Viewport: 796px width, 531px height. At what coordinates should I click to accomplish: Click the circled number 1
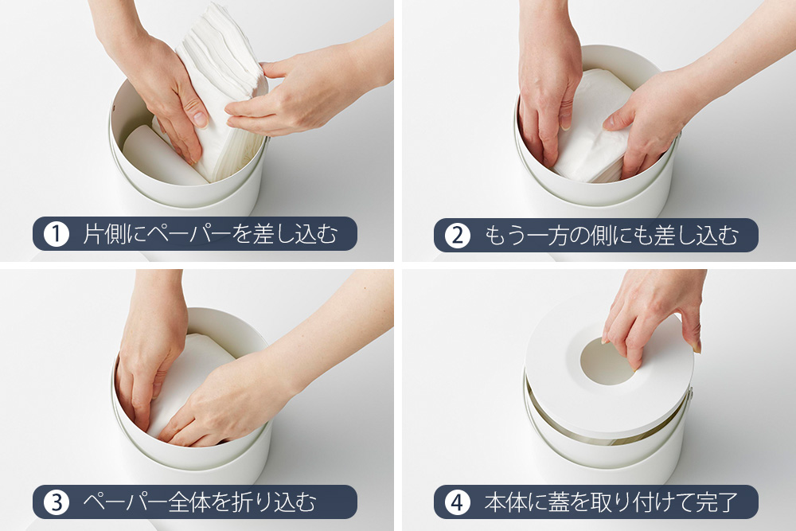[57, 234]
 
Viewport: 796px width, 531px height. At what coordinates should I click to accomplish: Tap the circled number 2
[458, 235]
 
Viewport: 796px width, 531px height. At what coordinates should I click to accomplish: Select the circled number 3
[57, 502]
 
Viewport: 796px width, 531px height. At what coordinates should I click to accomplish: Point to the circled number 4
[458, 502]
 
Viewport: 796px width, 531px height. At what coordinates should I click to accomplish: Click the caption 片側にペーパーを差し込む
[210, 234]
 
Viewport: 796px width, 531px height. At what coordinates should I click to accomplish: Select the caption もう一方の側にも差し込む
[611, 235]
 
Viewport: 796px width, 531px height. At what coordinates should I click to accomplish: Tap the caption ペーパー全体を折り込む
[200, 502]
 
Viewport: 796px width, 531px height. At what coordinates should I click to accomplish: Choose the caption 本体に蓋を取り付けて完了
[611, 502]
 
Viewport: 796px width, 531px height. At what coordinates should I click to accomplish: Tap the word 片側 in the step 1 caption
[103, 234]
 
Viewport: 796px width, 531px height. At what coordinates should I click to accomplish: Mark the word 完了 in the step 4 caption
[717, 502]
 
